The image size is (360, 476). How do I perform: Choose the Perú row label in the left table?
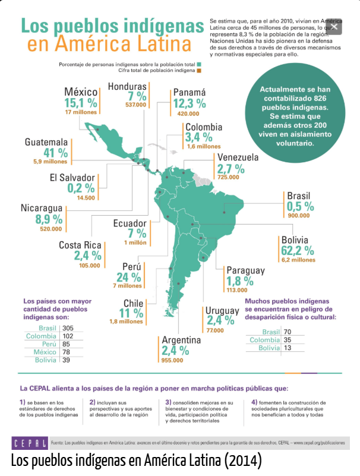(x=48, y=344)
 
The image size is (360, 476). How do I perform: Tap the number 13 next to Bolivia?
(x=289, y=348)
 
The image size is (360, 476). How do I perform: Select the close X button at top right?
(x=335, y=26)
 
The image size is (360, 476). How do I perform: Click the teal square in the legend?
(x=200, y=63)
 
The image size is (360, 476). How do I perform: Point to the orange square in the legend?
(x=200, y=70)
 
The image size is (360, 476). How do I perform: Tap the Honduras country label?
(x=127, y=87)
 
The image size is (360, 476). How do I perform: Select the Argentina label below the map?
(x=181, y=339)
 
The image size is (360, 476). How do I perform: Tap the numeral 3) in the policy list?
(x=169, y=402)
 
